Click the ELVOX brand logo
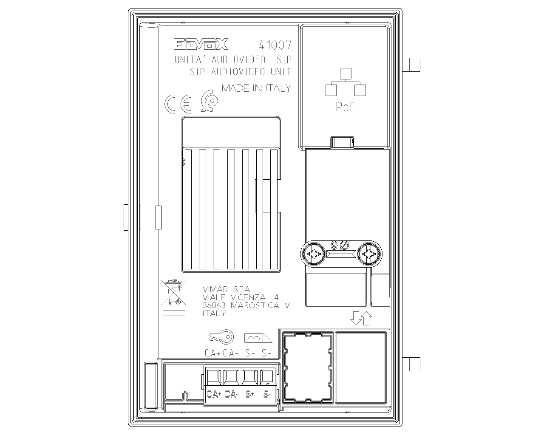201,44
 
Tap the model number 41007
275,45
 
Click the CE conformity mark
178,104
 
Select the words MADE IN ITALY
256,88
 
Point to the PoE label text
345,107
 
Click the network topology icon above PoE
346,82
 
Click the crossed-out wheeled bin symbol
174,292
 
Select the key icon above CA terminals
221,337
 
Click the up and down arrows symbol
361,318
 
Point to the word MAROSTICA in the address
255,305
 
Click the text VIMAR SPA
226,289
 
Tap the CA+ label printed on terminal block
214,394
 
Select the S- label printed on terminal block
267,394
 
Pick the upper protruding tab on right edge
411,65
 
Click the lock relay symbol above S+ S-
258,338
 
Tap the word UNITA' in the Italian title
191,59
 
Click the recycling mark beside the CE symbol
209,101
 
